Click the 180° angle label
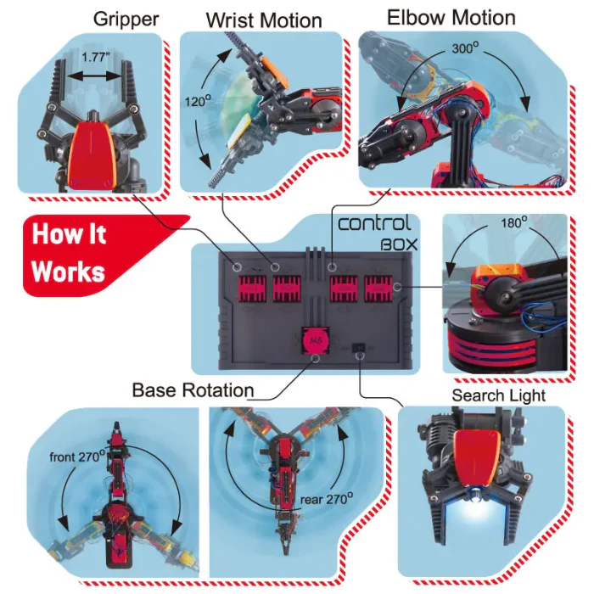(x=513, y=222)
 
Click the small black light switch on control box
(x=359, y=348)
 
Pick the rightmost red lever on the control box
(x=380, y=290)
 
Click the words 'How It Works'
(x=70, y=252)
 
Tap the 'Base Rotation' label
(x=193, y=390)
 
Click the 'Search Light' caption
(x=498, y=395)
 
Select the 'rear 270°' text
(x=322, y=500)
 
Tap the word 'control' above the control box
(x=374, y=224)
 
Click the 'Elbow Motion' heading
(x=451, y=17)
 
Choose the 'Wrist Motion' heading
(x=264, y=20)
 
